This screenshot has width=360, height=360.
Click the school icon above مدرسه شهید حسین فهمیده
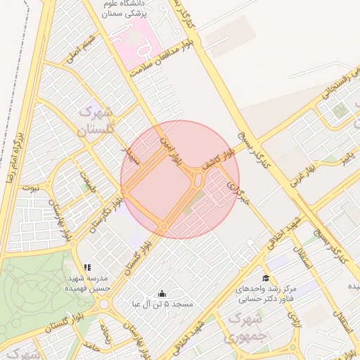click(x=87, y=267)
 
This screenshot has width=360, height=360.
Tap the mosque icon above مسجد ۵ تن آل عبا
click(x=162, y=294)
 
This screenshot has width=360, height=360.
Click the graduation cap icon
click(x=266, y=278)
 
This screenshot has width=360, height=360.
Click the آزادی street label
click(x=293, y=319)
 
